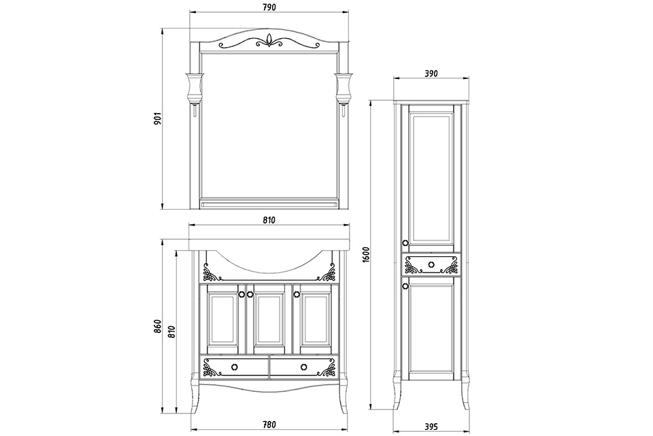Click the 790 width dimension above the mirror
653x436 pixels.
click(269, 7)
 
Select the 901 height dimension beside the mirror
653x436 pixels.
click(157, 119)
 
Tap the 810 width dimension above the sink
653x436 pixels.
click(269, 220)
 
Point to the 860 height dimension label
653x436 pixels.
click(157, 326)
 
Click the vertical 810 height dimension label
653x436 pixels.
click(172, 331)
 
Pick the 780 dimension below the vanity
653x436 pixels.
click(269, 424)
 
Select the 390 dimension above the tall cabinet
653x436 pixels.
click(431, 74)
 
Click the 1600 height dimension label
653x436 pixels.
click(366, 255)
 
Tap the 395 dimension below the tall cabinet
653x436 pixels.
click(431, 427)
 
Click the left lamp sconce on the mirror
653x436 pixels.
click(195, 89)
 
